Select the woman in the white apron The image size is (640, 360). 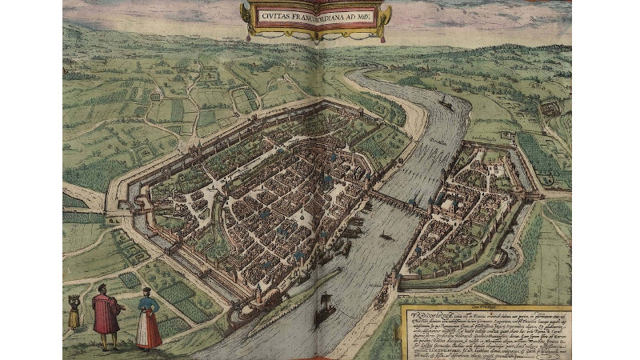point(148,318)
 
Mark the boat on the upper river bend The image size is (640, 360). point(445,103)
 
